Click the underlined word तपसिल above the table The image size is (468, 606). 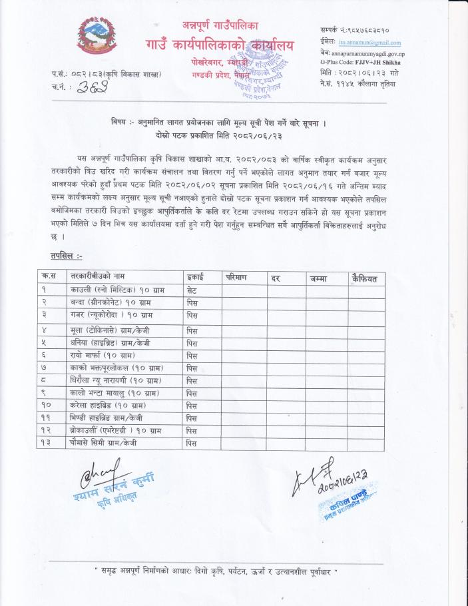[65, 256]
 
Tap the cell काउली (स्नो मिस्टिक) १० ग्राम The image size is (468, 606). [117, 290]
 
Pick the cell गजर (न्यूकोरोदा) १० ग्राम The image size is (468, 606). [112, 314]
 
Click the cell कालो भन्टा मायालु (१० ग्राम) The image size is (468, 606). [117, 393]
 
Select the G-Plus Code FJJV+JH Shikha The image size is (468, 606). [370, 61]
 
